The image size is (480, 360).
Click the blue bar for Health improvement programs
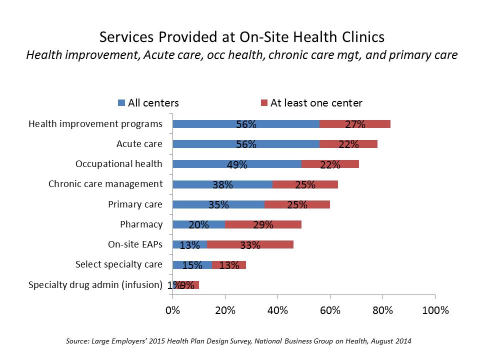point(246,124)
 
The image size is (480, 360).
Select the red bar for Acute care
point(348,144)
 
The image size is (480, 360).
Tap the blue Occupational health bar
point(237,164)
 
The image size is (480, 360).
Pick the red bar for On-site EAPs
point(250,244)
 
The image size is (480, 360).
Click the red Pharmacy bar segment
point(263,224)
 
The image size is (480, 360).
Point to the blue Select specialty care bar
point(192,265)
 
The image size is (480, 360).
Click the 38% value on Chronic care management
point(222,184)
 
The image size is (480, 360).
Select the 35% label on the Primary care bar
point(218,204)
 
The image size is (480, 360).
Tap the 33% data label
point(250,245)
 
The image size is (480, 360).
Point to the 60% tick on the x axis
point(330,310)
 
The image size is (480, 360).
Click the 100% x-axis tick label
point(435,310)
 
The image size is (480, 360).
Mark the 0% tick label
point(172,310)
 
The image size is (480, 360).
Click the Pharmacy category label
point(141,224)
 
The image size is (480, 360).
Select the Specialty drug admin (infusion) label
point(95,285)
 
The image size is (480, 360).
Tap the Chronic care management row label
point(105,183)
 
